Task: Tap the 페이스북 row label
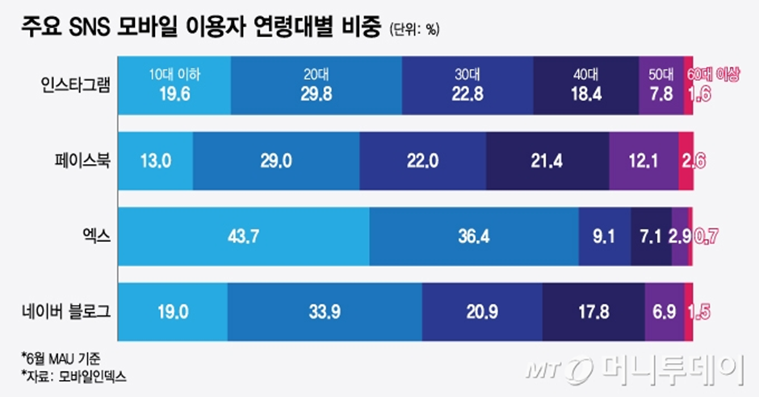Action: (83, 160)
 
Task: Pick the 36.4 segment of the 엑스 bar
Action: (473, 236)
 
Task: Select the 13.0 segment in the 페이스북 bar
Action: (156, 160)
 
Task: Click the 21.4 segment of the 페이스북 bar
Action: (548, 160)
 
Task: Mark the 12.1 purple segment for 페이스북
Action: (644, 160)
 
